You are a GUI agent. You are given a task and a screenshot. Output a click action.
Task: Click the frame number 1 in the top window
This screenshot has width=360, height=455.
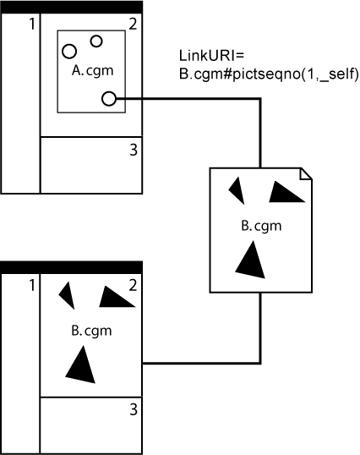(x=32, y=24)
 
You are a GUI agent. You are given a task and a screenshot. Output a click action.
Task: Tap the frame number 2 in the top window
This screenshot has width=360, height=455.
(x=134, y=22)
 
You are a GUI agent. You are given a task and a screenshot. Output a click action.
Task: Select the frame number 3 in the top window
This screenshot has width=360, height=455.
(x=134, y=151)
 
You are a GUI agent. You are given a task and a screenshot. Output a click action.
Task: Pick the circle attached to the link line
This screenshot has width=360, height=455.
(x=108, y=99)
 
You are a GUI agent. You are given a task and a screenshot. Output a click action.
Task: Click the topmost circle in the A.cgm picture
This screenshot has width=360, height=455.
(x=96, y=41)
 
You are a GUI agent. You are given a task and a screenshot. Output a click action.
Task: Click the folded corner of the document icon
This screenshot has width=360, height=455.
(x=305, y=173)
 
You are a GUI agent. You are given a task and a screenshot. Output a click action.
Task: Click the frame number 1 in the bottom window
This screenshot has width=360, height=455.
(x=32, y=285)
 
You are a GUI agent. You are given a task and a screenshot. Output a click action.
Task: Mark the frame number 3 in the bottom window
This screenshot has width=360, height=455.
(x=134, y=411)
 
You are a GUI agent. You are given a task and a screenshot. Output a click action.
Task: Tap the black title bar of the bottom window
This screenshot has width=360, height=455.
(x=72, y=267)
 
